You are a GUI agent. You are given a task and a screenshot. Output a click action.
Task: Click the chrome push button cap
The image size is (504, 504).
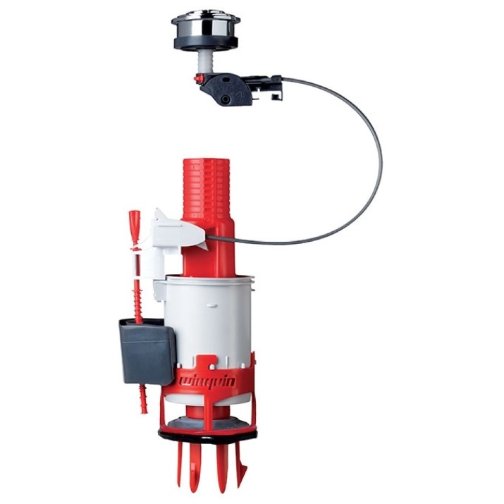coord(204,25)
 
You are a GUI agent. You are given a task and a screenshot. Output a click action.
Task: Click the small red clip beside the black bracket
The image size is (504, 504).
coord(199,78)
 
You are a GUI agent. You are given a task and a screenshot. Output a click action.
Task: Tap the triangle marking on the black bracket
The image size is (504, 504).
coord(241,94)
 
